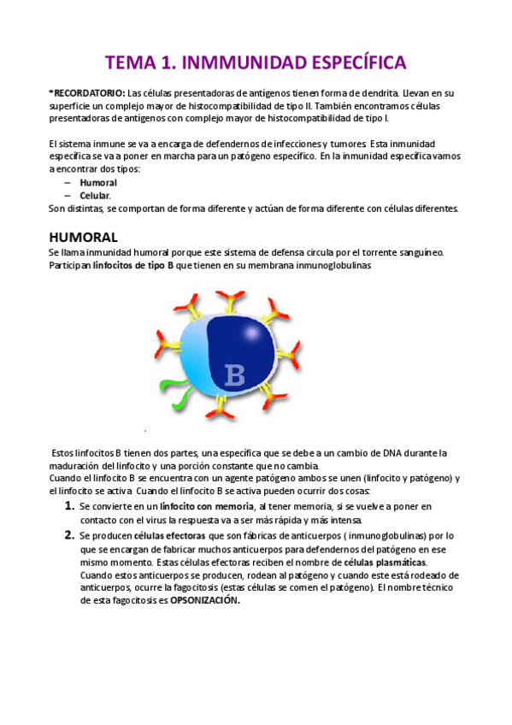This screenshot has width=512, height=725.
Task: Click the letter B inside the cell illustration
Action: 233,374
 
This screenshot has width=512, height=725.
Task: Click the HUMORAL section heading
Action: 83,237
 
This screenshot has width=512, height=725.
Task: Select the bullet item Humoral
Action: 98,183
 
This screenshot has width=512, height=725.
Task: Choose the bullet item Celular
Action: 95,196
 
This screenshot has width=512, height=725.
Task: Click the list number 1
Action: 70,507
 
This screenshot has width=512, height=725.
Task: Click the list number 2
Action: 70,535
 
